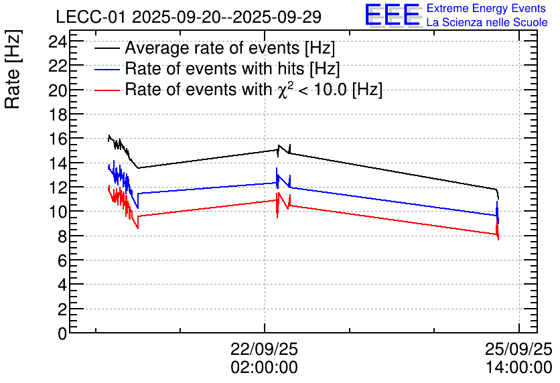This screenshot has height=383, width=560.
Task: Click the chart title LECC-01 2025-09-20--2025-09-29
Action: (x=188, y=17)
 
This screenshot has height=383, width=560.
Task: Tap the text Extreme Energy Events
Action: (x=486, y=9)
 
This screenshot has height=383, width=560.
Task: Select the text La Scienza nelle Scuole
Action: (x=486, y=23)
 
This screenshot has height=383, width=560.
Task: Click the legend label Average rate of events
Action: (x=230, y=48)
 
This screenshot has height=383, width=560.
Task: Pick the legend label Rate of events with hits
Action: (x=232, y=68)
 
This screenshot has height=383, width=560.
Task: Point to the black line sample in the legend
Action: (x=107, y=48)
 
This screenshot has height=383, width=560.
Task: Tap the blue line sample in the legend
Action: (x=107, y=69)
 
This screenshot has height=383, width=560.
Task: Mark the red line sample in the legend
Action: (x=107, y=90)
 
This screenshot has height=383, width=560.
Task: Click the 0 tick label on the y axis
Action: (x=62, y=333)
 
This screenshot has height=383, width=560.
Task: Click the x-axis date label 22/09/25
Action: (x=264, y=349)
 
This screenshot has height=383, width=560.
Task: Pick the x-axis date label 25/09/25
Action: (x=518, y=349)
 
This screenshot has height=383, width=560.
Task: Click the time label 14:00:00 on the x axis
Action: (x=518, y=367)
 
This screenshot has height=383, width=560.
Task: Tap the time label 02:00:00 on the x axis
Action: (x=264, y=367)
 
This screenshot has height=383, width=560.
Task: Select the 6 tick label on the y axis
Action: (x=62, y=260)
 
